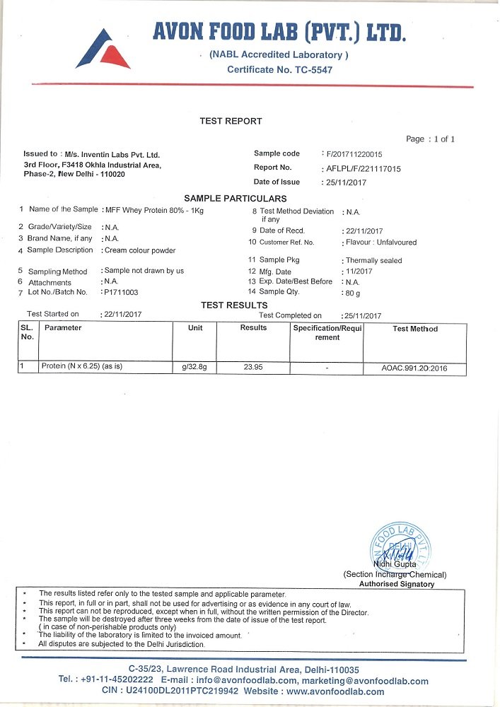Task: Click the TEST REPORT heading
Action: point(231,121)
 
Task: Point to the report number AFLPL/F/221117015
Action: point(363,168)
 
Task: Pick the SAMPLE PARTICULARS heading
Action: point(236,199)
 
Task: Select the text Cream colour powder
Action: point(139,250)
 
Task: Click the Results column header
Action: point(253,328)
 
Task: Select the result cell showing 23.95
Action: point(253,368)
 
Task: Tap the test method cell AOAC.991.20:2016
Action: point(414,368)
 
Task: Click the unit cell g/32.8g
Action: point(194,368)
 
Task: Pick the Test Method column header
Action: point(415,329)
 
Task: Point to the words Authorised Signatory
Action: point(397,584)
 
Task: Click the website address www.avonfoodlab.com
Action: point(336,691)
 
